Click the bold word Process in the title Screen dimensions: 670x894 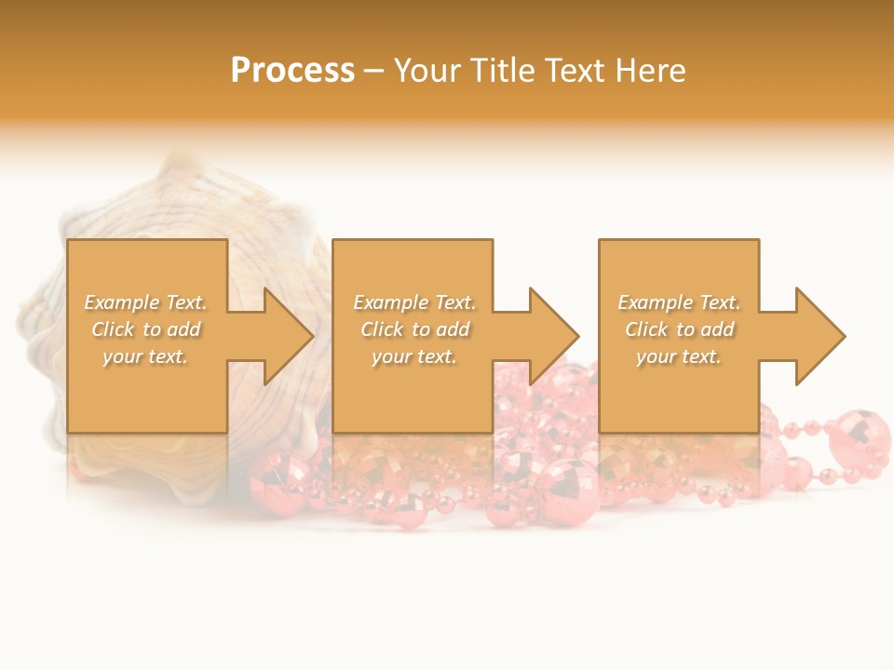pyautogui.click(x=292, y=71)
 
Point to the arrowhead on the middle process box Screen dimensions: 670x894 pyautogui.click(x=552, y=336)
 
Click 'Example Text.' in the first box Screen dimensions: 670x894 pyautogui.click(x=145, y=302)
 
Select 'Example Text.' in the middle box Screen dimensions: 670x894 pyautogui.click(x=414, y=302)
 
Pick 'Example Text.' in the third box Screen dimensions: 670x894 pyautogui.click(x=679, y=302)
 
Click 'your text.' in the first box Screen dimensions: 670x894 pyautogui.click(x=145, y=356)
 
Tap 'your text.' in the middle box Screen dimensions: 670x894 pyautogui.click(x=414, y=356)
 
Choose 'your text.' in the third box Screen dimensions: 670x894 pyautogui.click(x=679, y=356)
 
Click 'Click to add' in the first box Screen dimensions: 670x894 pyautogui.click(x=145, y=329)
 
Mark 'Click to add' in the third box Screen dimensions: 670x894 pyautogui.click(x=679, y=329)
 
